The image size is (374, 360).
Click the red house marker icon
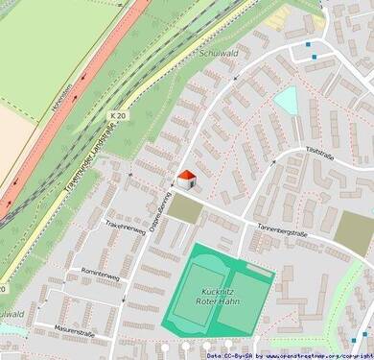click(x=188, y=180)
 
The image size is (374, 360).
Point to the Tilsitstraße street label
click(x=318, y=151)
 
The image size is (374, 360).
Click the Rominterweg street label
click(x=101, y=276)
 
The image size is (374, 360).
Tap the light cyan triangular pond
click(x=286, y=100)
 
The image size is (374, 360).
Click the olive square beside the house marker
click(x=185, y=208)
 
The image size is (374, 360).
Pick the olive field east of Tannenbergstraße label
click(x=354, y=228)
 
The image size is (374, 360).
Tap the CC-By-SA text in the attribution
click(x=232, y=354)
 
